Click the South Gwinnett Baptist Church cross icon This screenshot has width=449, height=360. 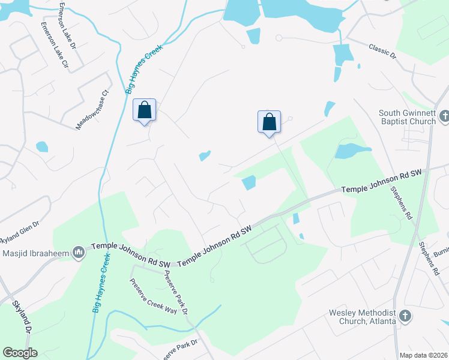pos(444,116)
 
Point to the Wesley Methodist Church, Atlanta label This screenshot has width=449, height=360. pos(362,317)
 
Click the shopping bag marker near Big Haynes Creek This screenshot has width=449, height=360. pos(144,110)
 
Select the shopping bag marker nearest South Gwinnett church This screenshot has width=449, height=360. pos(270,122)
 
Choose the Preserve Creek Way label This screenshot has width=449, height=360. pos(154,298)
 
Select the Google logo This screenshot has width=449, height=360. pos(19,353)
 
